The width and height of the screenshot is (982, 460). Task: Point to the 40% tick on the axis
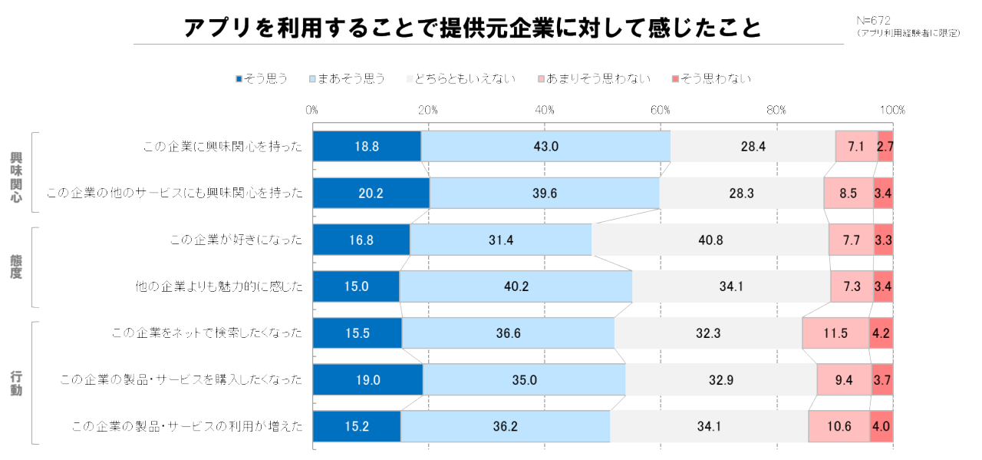(545, 111)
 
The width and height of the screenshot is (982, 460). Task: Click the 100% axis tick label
(892, 111)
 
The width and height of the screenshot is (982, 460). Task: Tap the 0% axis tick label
(312, 111)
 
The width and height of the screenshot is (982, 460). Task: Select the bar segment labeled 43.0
(545, 147)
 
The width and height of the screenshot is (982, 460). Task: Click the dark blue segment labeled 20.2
(371, 194)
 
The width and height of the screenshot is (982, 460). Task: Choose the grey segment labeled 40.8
(710, 240)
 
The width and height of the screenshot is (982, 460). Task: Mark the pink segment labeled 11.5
(835, 333)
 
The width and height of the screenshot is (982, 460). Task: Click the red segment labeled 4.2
(881, 333)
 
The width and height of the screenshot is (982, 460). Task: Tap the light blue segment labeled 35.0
(524, 379)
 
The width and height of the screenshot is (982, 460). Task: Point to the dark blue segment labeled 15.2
(357, 426)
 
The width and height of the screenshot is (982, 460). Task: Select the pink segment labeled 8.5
(849, 194)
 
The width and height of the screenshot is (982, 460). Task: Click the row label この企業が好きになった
(236, 240)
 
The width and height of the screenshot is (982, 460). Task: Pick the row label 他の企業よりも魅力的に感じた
(219, 286)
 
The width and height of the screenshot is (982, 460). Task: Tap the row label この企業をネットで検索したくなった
(207, 333)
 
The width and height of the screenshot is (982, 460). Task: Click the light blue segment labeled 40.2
(516, 286)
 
